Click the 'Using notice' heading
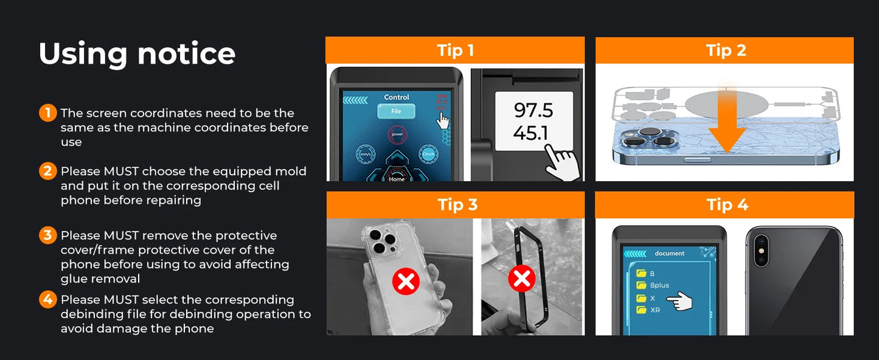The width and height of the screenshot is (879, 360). [137, 54]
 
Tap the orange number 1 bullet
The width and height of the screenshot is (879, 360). [47, 113]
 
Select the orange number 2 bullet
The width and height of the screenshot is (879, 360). [47, 171]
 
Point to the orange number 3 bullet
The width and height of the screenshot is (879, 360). [47, 235]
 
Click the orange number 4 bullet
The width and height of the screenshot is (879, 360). [47, 300]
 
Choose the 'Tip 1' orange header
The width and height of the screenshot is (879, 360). [455, 50]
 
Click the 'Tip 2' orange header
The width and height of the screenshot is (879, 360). [724, 50]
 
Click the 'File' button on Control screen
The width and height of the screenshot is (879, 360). [396, 111]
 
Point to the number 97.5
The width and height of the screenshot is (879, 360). [533, 111]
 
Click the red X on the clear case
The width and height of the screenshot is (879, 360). [406, 281]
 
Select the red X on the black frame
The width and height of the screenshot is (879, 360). [521, 279]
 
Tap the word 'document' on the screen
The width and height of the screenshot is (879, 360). [669, 254]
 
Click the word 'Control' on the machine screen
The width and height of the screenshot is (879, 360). [397, 97]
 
